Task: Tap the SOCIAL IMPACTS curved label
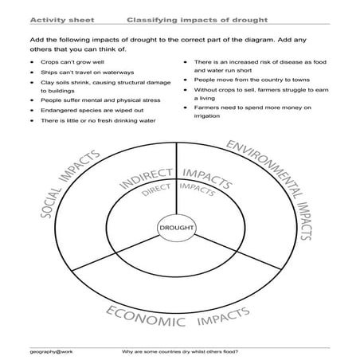point(69,185)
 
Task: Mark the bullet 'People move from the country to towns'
point(244,80)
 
